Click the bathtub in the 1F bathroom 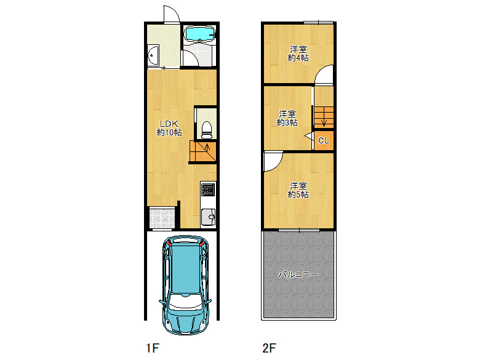coord(199,33)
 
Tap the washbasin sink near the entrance coord(153,56)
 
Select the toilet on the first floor coord(207,130)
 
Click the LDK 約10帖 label coord(169,128)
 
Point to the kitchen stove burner coord(208,190)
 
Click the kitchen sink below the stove coord(208,217)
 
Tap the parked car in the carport coord(185,285)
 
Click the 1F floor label coord(153,348)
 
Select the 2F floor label coord(269,348)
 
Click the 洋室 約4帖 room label coord(298,54)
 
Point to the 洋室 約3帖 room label coord(287,118)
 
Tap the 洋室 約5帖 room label coord(298,190)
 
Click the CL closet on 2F coord(324,140)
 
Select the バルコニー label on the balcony coord(298,274)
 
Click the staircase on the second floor coord(324,117)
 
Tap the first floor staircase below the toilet coord(203,151)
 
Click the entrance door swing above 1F coord(172,14)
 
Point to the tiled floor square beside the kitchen coord(162,218)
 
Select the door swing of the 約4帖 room coord(324,74)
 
